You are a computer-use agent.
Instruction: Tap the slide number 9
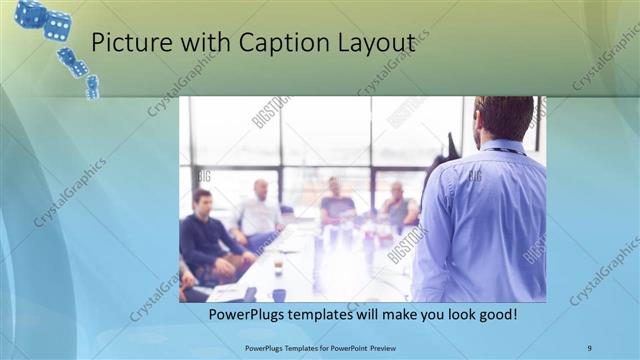click(x=589, y=347)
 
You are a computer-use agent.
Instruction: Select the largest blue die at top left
click(x=30, y=14)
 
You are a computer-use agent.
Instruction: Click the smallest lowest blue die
click(x=92, y=88)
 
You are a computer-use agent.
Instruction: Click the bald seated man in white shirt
click(x=259, y=211)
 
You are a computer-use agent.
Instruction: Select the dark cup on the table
click(x=278, y=294)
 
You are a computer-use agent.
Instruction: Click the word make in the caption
click(x=386, y=315)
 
